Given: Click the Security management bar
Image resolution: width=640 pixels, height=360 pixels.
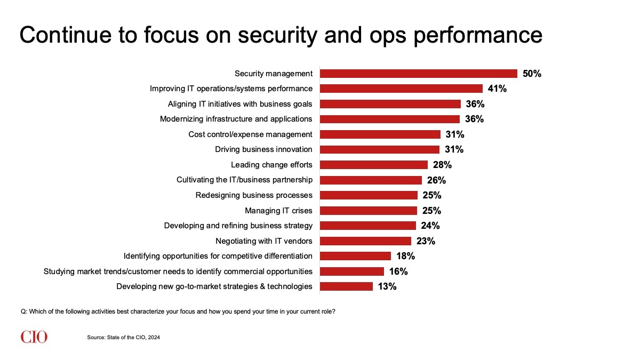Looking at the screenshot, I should [x=419, y=74].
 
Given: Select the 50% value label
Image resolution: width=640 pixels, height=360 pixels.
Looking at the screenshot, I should [x=532, y=74].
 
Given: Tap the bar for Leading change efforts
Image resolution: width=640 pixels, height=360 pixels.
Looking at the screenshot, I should [x=374, y=165].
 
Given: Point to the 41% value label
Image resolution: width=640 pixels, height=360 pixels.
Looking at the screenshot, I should [x=497, y=89].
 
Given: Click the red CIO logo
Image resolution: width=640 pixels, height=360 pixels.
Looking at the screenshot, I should [x=34, y=337].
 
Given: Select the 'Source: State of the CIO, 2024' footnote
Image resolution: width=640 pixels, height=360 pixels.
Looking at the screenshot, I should [x=124, y=338].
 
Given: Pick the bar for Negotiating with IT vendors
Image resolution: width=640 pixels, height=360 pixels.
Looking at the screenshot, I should [x=366, y=241].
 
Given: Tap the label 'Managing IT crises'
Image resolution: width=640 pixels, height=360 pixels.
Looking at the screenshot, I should [x=278, y=211].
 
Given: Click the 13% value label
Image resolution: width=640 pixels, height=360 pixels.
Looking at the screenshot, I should [x=387, y=286].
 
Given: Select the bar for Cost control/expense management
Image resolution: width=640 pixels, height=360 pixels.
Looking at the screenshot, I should [x=380, y=134].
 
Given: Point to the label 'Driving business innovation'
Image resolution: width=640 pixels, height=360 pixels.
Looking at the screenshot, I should [x=263, y=149].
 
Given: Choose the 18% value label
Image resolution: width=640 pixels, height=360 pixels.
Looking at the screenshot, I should [x=405, y=256].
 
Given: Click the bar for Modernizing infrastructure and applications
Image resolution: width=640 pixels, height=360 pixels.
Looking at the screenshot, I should [x=390, y=119].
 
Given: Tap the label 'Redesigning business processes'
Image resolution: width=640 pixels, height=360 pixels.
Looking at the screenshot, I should [x=254, y=195].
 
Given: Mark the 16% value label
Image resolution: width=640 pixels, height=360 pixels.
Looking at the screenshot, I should [x=398, y=271].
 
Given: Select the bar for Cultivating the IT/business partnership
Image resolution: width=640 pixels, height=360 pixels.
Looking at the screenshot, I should [x=371, y=180].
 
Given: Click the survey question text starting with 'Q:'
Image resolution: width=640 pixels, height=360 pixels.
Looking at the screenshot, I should [x=178, y=311].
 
